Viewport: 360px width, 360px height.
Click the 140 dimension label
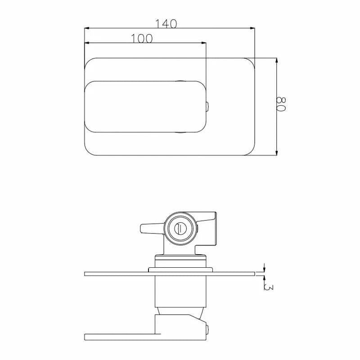coord(166,24)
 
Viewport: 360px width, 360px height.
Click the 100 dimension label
coord(142,38)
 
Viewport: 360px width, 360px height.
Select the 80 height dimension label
coord(281,104)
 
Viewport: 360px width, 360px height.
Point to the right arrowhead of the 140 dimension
coord(252,28)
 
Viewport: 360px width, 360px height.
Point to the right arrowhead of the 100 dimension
coord(204,43)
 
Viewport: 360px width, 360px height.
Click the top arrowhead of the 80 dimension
coord(276,60)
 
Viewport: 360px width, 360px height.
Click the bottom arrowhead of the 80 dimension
coord(276,153)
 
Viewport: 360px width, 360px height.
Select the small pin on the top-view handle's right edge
coord(207,107)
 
